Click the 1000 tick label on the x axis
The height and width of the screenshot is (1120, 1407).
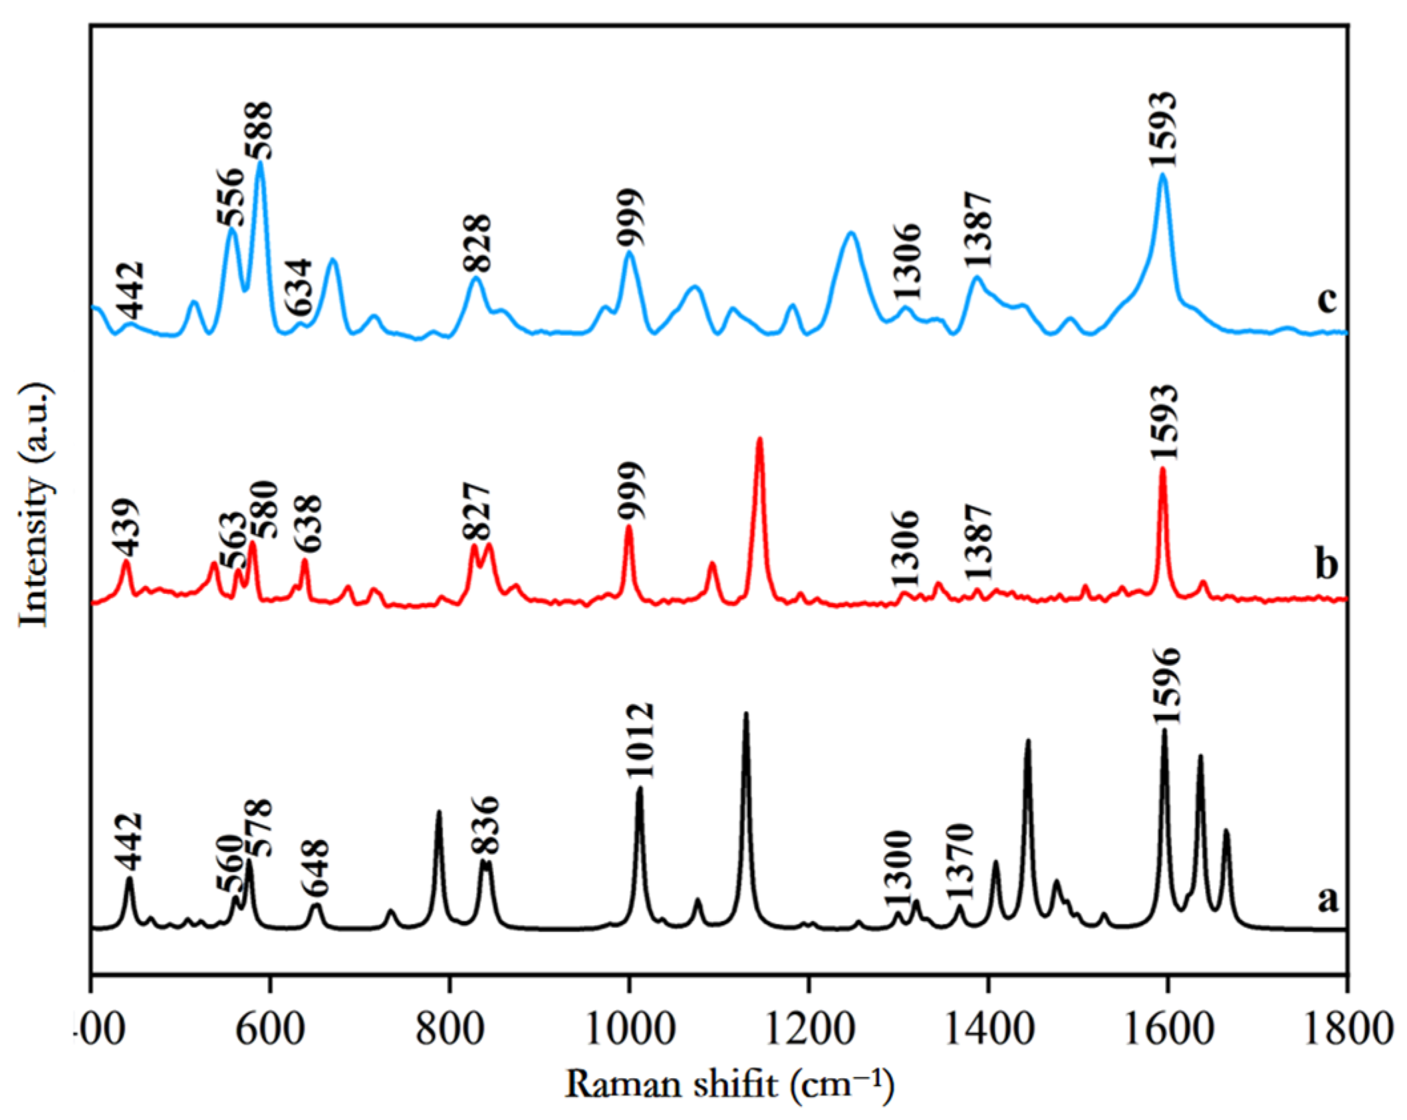click(628, 1032)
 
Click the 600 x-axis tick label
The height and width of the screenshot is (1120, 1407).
click(269, 1032)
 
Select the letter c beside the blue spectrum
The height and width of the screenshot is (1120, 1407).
click(1326, 301)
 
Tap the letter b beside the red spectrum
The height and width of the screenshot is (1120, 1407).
click(1326, 566)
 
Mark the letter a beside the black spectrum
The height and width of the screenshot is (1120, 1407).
click(1326, 899)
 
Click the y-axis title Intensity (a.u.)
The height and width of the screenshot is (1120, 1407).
click(35, 505)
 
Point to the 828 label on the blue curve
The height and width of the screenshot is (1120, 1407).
click(476, 243)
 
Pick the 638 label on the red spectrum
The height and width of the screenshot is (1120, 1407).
click(308, 523)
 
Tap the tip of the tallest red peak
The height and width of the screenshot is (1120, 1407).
click(759, 439)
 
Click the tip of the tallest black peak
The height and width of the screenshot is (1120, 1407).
click(746, 713)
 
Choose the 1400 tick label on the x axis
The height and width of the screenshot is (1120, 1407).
click(988, 1032)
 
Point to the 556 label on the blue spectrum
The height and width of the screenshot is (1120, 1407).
click(230, 198)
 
